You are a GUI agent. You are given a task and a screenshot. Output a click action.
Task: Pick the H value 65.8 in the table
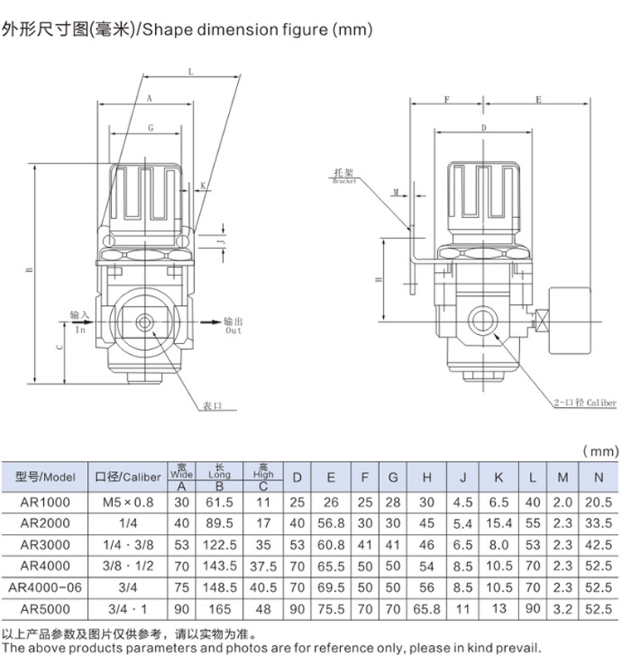[x=427, y=609]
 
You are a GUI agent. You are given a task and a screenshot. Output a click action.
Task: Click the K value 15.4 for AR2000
[x=499, y=523]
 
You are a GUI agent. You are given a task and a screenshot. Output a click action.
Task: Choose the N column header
[x=598, y=477]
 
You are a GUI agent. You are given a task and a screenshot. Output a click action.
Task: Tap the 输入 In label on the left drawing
[x=79, y=322]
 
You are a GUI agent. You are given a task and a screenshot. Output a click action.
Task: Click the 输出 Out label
[x=233, y=325]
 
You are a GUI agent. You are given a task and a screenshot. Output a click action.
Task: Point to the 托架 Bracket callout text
[x=344, y=176]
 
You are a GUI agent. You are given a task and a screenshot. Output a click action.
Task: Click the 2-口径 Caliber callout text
[x=585, y=403]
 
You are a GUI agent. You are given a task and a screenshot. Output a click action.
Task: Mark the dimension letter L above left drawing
[x=190, y=73]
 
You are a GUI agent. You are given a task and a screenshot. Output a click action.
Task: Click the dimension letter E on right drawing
[x=537, y=99]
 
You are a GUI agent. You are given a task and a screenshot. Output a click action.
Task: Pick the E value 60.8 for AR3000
[x=331, y=545]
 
